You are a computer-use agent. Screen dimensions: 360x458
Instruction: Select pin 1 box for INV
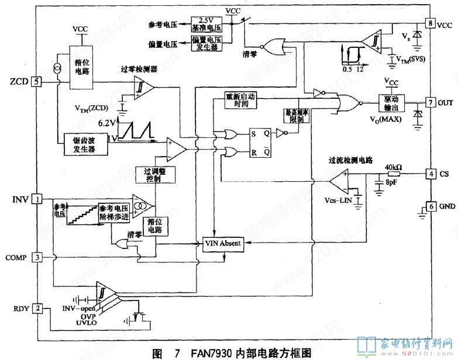37,200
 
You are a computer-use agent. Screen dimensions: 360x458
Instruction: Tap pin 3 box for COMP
37,257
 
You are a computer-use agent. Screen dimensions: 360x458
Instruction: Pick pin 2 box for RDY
37,308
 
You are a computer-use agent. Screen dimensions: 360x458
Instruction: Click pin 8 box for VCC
431,24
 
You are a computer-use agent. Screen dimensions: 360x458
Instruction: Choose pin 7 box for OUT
431,103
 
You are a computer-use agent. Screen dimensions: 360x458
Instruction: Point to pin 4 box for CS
431,174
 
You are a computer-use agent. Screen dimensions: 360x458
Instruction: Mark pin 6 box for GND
431,207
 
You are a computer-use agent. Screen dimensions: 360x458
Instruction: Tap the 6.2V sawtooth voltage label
106,123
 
